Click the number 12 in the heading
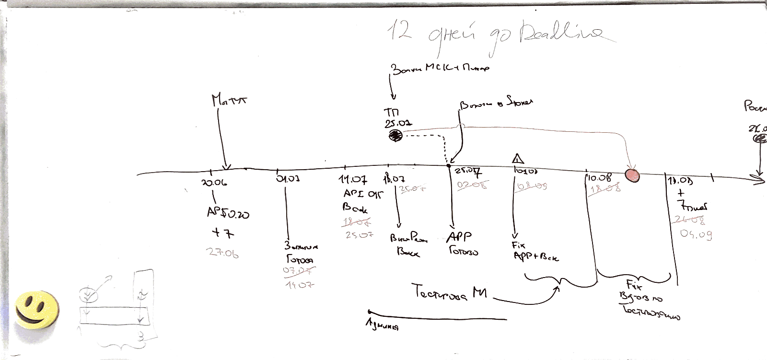(x=399, y=30)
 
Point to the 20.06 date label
(x=214, y=183)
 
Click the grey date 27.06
(x=222, y=253)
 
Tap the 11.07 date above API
(x=353, y=180)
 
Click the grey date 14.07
(x=300, y=285)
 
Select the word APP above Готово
(x=459, y=237)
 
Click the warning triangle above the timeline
(x=517, y=159)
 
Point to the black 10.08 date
(x=599, y=178)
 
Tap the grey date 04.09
(x=696, y=234)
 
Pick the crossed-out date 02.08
(x=472, y=185)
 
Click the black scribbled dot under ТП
(x=395, y=137)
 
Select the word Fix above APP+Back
(x=518, y=245)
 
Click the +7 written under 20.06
(x=223, y=233)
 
